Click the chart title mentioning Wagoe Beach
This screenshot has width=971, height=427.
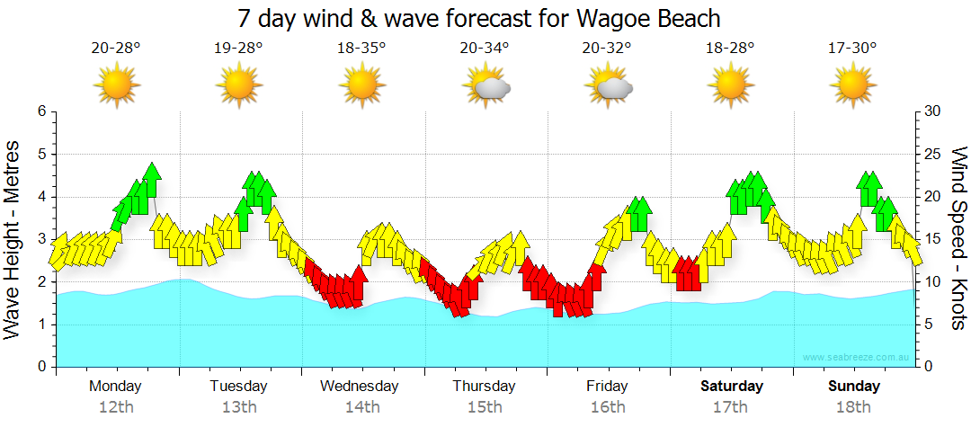[x=479, y=18]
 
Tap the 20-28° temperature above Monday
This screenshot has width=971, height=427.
[x=116, y=48]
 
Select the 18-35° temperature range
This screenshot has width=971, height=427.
[x=361, y=48]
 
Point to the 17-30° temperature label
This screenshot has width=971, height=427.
[x=852, y=48]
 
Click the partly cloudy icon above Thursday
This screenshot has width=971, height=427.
[x=486, y=86]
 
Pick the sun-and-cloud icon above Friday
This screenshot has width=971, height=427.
[x=609, y=86]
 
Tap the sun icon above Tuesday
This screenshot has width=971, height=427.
[x=239, y=85]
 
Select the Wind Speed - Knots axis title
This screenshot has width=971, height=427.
[x=958, y=238]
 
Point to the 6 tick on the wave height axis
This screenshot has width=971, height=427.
[x=40, y=111]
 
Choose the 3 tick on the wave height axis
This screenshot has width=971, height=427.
[x=40, y=239]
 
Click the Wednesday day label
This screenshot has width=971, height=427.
[x=359, y=387]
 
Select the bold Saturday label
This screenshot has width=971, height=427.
[x=732, y=387]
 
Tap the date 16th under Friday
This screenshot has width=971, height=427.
[x=608, y=407]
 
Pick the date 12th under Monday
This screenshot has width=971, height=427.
[x=116, y=407]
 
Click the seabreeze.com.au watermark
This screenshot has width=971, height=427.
[x=857, y=358]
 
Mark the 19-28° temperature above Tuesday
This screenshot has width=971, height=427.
[x=239, y=48]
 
